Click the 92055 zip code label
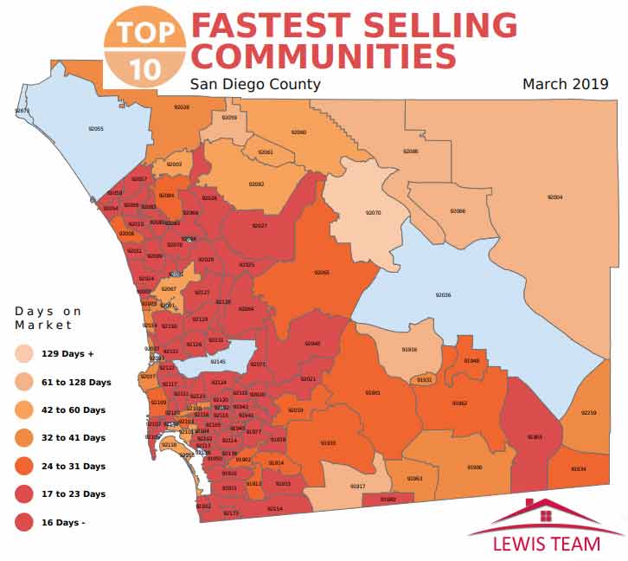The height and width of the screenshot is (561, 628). (x=96, y=128)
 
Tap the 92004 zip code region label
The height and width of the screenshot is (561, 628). (x=555, y=197)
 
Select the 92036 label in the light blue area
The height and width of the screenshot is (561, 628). (x=444, y=295)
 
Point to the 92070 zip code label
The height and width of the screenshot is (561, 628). (x=373, y=212)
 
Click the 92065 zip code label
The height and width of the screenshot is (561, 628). (x=322, y=273)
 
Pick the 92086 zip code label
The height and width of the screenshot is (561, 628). (x=411, y=152)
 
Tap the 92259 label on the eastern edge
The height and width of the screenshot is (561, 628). (x=589, y=413)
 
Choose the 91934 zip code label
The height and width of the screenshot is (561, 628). (x=579, y=469)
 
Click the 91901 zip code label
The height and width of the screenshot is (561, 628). (x=373, y=392)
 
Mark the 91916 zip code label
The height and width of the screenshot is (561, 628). (x=410, y=350)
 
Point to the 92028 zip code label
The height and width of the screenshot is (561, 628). (x=182, y=107)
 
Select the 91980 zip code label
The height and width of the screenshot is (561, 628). (x=388, y=500)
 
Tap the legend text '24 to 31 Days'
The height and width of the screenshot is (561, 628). (x=74, y=466)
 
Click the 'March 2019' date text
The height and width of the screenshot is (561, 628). (x=566, y=84)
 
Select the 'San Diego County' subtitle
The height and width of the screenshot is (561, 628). (x=255, y=84)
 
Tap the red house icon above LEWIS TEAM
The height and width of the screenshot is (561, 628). (x=546, y=514)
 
